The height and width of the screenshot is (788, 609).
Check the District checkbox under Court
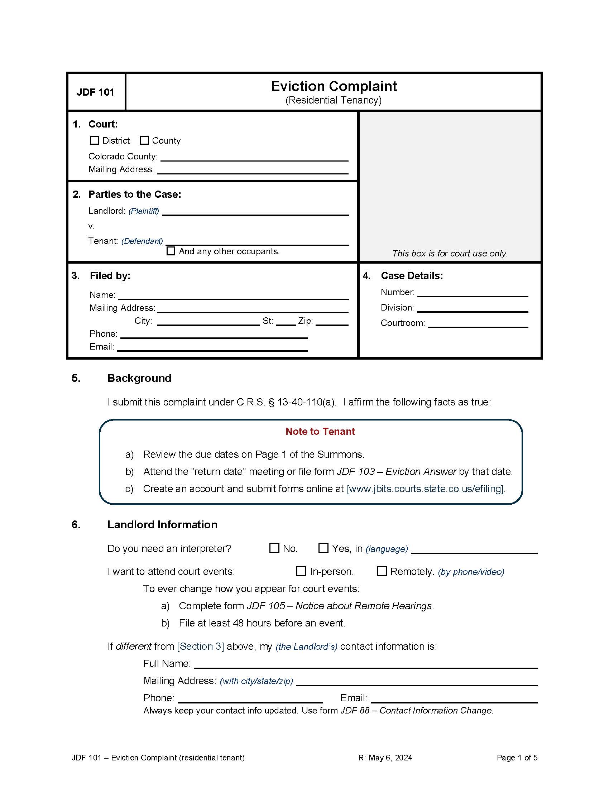coord(94,140)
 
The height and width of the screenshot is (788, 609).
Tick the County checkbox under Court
coord(144,140)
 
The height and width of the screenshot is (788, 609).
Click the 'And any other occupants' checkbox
coord(171,251)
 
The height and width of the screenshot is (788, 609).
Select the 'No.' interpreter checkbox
coord(274,548)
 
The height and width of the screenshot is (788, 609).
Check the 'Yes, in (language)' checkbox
coord(323,548)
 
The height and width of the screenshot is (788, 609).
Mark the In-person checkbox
coord(301,571)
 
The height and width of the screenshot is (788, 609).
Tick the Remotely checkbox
coord(382,571)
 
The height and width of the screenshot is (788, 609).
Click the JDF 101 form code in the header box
coord(95,92)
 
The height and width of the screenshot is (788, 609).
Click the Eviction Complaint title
coord(334,86)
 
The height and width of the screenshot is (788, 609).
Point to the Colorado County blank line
coord(254,157)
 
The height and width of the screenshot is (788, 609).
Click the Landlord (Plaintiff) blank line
coord(255,212)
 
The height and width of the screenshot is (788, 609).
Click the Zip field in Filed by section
coord(332,322)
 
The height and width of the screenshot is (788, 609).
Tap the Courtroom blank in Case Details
coord(478,324)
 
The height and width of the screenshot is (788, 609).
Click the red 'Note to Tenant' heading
coord(320,431)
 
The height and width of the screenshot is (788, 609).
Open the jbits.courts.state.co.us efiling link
coord(425,489)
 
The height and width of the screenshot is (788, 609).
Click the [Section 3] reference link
coord(200,646)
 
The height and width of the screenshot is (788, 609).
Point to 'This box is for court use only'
coord(450,253)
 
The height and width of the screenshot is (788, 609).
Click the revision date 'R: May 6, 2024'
coord(385,758)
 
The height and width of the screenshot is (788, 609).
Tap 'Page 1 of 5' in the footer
coord(517,758)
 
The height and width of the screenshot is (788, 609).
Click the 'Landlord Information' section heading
coord(162,524)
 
